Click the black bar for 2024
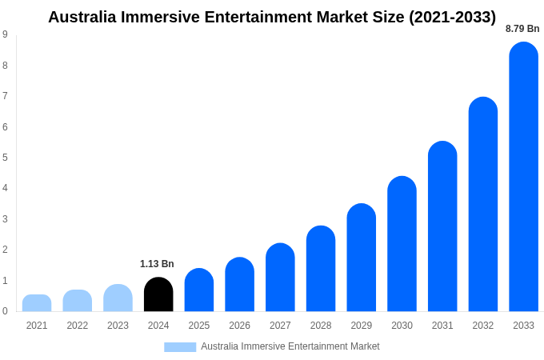point(158,294)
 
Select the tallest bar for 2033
point(523,177)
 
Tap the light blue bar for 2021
point(37,303)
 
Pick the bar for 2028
point(321,269)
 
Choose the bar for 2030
point(402,244)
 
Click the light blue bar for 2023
point(118,298)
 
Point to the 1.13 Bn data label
point(157,264)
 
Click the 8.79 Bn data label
point(522,29)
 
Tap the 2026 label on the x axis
point(239,326)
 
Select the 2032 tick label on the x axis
point(482,326)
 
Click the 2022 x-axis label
point(78,326)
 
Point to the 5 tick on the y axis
point(5,158)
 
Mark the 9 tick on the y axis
point(5,34)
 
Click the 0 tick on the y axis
point(5,311)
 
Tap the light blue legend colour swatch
point(180,346)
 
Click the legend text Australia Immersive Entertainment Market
point(290,346)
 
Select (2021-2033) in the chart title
point(452,17)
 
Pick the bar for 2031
point(442,226)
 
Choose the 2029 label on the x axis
point(361,326)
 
